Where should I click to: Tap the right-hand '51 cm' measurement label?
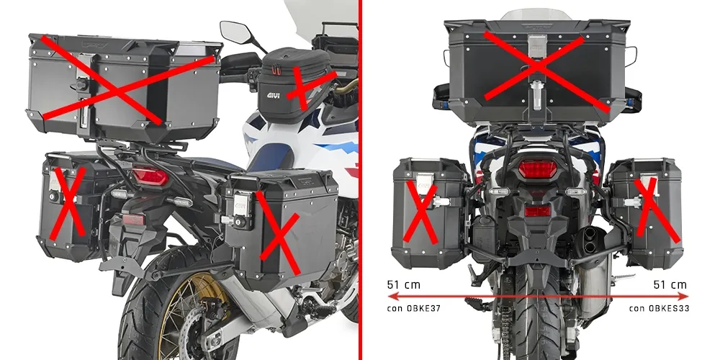(x=670, y=285)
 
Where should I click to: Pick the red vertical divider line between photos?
(x=361, y=180)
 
